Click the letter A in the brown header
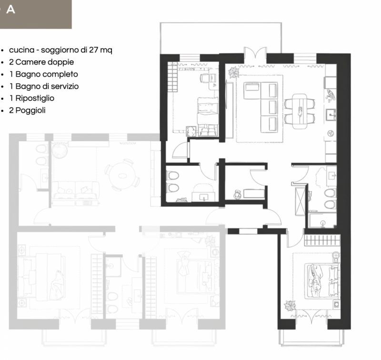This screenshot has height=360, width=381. [x=10, y=9]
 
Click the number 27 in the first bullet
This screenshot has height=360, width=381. [x=93, y=50]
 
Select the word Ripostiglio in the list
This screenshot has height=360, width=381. [x=35, y=99]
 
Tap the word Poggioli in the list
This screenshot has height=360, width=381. [x=30, y=110]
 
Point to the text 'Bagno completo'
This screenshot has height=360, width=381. [x=47, y=74]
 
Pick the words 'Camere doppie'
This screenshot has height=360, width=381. [x=44, y=62]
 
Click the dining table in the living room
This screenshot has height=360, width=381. [x=300, y=111]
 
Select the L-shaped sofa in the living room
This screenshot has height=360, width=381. [x=261, y=107]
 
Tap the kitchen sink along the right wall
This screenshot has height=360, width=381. [x=331, y=115]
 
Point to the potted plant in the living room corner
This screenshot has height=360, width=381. [x=234, y=72]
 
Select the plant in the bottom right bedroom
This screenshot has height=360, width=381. [x=290, y=306]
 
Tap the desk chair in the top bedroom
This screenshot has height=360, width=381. [x=204, y=78]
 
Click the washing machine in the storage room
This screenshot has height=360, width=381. [x=237, y=194]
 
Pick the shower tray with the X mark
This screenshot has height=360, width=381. [x=300, y=201]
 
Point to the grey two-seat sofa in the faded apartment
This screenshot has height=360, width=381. [x=76, y=190]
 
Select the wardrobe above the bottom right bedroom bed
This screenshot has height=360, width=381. [x=322, y=240]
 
